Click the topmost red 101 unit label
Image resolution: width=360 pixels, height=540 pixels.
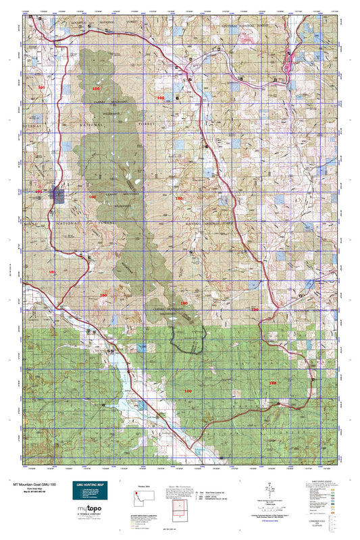42,88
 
